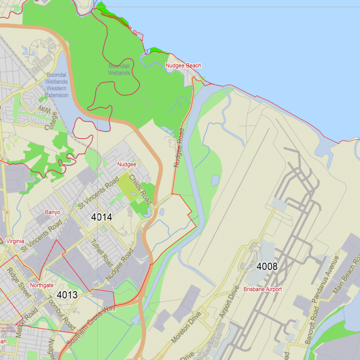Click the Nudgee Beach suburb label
pyautogui.click(x=183, y=66)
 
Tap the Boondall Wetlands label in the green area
pyautogui.click(x=119, y=70)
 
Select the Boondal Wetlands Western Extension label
pyautogui.click(x=57, y=85)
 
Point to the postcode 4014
pyautogui.click(x=101, y=217)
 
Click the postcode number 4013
pyautogui.click(x=67, y=295)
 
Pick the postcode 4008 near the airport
pyautogui.click(x=267, y=266)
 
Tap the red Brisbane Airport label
pyautogui.click(x=262, y=289)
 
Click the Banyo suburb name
pyautogui.click(x=52, y=212)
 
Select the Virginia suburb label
pyautogui.click(x=15, y=242)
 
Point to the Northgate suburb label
pyautogui.click(x=41, y=285)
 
